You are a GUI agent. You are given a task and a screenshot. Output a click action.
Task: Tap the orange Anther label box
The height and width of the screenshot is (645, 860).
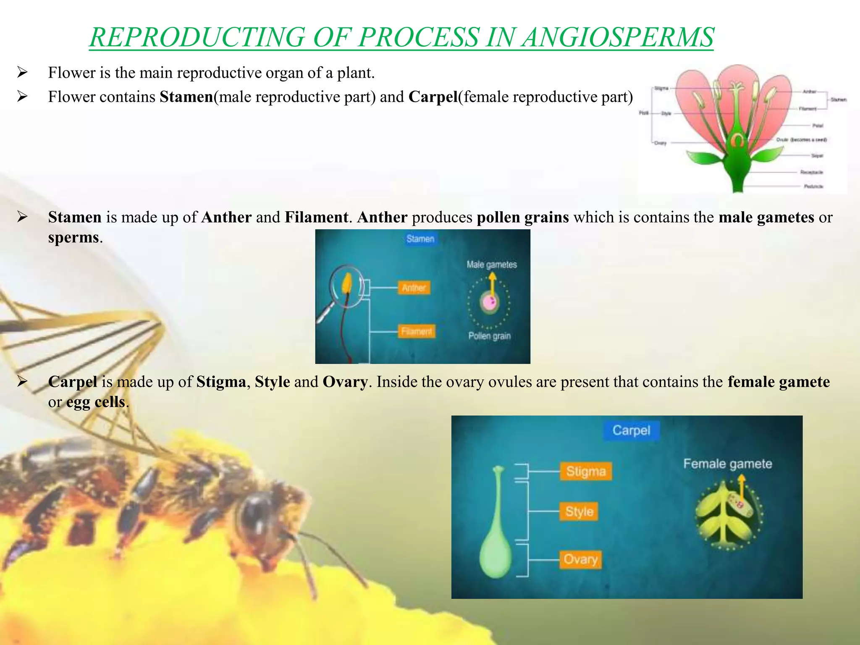[414, 288]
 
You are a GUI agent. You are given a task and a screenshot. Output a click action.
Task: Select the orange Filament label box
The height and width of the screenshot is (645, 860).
[416, 331]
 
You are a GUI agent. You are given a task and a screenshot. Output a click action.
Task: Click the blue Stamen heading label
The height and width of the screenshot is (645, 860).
[420, 239]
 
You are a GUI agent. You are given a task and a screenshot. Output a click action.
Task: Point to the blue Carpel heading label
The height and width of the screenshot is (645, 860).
[631, 430]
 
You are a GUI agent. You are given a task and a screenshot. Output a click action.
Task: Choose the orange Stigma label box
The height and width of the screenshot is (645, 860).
[586, 471]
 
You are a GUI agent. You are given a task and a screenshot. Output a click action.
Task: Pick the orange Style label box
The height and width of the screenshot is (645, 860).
[579, 511]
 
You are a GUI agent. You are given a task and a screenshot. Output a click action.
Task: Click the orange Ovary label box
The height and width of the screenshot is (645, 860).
[580, 559]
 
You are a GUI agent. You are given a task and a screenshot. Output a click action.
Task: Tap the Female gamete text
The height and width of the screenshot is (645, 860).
[727, 464]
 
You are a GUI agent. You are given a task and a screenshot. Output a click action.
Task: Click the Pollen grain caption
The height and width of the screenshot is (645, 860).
[489, 336]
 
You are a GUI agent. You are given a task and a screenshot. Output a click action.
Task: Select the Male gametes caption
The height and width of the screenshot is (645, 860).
[491, 265]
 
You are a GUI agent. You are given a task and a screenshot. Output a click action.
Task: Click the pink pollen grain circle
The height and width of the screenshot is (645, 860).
[489, 302]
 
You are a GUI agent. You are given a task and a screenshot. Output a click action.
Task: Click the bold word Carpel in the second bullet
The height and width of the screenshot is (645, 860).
[433, 97]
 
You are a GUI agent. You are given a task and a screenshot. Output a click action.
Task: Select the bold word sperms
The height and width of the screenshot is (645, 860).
[73, 238]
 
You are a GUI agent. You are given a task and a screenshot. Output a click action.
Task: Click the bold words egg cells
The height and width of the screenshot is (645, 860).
[95, 402]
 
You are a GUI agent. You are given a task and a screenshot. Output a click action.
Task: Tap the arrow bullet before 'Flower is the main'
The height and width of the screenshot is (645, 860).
[22, 73]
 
